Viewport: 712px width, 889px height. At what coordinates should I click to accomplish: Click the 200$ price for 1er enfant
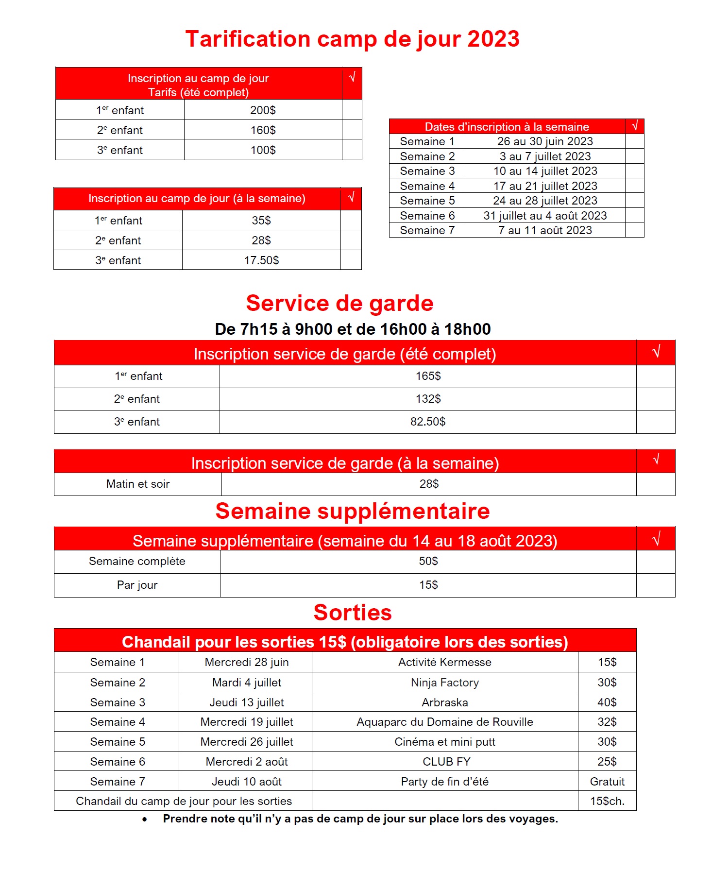pos(263,110)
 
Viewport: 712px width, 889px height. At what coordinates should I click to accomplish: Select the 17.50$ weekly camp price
pos(261,260)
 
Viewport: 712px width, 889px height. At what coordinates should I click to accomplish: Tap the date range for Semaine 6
pos(545,216)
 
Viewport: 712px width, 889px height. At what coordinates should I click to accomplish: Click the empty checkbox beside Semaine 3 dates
pos(634,171)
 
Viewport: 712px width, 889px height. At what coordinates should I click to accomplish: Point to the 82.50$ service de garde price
pos(428,422)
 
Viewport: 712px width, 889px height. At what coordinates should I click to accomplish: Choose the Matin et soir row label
pos(138,484)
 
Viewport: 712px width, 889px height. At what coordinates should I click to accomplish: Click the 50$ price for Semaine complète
pos(428,561)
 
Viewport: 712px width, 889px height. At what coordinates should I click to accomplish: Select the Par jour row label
pos(137,585)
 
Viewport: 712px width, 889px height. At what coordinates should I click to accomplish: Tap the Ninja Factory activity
pos(445,683)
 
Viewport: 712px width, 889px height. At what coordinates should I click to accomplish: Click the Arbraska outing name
pos(445,702)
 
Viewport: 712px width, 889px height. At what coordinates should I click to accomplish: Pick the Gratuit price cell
pos(607,782)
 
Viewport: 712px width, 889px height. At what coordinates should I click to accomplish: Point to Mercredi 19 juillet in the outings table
pos(247,722)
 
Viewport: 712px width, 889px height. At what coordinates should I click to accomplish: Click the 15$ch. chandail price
pos(607,801)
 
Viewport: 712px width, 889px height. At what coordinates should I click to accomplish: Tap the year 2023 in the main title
pos(493,39)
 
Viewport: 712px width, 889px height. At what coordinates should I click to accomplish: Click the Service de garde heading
pos(339,303)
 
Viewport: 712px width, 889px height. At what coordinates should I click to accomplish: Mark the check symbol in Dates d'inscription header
pos(634,126)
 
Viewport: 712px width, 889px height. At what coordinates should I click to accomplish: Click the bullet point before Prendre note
pos(145,820)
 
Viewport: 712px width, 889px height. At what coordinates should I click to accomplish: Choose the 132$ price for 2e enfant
pos(428,399)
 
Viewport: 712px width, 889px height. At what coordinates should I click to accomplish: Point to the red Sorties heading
pos(353,613)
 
